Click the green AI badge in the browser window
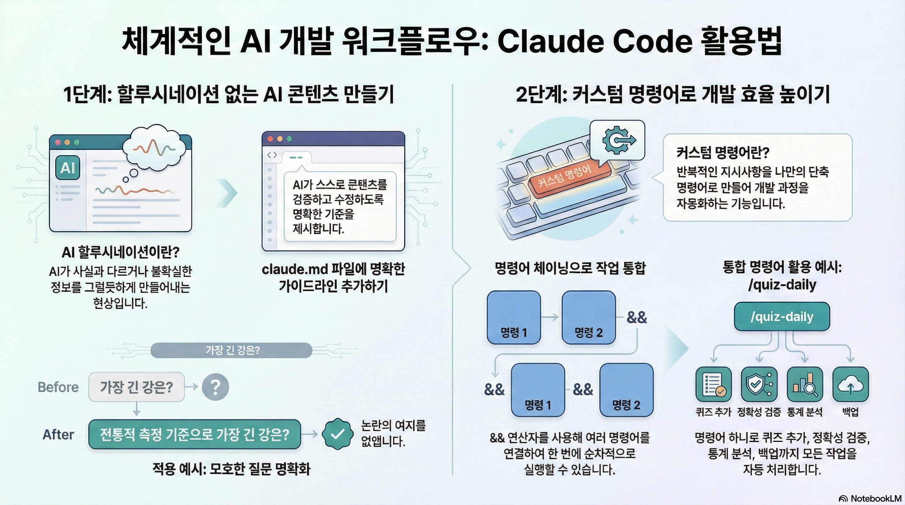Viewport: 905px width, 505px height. pyautogui.click(x=67, y=168)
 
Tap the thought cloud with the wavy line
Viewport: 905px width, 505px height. pyautogui.click(x=155, y=148)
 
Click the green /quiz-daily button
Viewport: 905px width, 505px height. pyautogui.click(x=782, y=317)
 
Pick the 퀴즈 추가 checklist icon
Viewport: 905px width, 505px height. pyautogui.click(x=714, y=385)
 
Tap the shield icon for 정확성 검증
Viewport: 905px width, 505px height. pyautogui.click(x=759, y=385)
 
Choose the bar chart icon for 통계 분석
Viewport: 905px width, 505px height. pyautogui.click(x=804, y=385)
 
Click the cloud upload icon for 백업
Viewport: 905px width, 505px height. pyautogui.click(x=850, y=385)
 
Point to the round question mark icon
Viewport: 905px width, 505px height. pyautogui.click(x=215, y=387)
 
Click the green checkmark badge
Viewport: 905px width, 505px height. pyautogui.click(x=337, y=434)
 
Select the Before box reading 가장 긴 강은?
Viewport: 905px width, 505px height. pyautogui.click(x=137, y=387)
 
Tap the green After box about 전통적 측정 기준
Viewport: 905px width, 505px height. pyautogui.click(x=194, y=434)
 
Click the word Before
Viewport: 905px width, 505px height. pyautogui.click(x=58, y=387)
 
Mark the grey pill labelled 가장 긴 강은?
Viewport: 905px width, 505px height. pyautogui.click(x=232, y=350)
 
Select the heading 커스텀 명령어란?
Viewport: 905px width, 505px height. pyautogui.click(x=723, y=153)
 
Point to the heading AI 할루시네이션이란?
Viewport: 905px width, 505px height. pyautogui.click(x=120, y=252)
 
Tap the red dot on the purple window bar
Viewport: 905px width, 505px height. pyautogui.click(x=270, y=139)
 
